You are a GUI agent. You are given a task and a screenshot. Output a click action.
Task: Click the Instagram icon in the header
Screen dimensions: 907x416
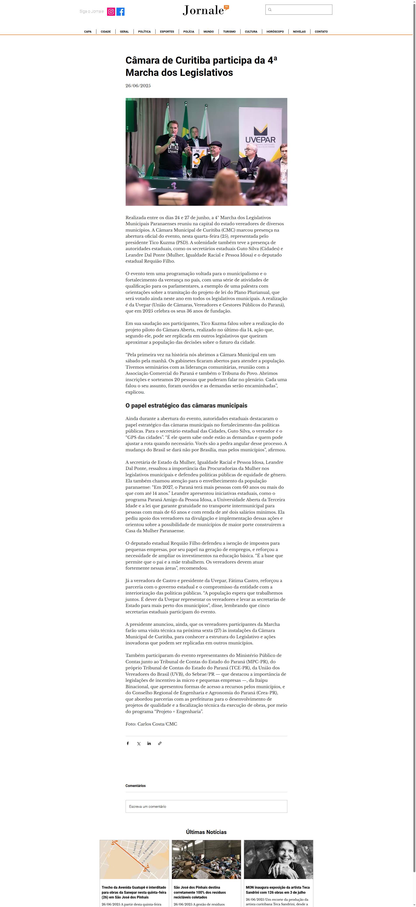pyautogui.click(x=111, y=12)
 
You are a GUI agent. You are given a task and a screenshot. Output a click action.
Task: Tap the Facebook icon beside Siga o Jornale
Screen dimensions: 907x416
pyautogui.click(x=120, y=12)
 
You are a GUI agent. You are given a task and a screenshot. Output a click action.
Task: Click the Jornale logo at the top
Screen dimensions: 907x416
pyautogui.click(x=206, y=10)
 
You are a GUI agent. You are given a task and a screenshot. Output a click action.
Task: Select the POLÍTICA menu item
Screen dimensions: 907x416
pyautogui.click(x=144, y=32)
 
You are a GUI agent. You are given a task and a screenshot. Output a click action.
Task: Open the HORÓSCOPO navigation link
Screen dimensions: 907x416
pyautogui.click(x=275, y=32)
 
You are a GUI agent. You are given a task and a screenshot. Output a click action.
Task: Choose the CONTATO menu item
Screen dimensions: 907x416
pyautogui.click(x=321, y=32)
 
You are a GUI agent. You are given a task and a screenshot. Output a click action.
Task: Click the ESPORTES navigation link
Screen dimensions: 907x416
pyautogui.click(x=167, y=32)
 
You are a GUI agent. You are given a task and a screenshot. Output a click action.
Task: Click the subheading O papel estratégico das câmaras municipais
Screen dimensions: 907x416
pyautogui.click(x=186, y=406)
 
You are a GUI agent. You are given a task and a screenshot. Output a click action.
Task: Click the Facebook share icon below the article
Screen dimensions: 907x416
pyautogui.click(x=128, y=743)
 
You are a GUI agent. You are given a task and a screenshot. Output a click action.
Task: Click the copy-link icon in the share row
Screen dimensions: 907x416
pyautogui.click(x=160, y=743)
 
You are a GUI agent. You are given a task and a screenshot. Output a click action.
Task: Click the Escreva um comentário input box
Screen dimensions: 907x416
pyautogui.click(x=206, y=806)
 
